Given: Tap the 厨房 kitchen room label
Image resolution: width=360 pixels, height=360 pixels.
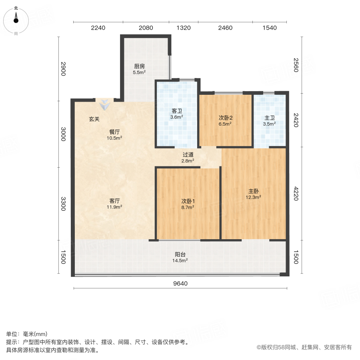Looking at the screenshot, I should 139,67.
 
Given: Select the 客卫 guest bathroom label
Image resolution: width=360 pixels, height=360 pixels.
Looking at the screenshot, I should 177,111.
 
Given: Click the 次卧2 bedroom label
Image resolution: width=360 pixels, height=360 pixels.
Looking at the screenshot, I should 226,118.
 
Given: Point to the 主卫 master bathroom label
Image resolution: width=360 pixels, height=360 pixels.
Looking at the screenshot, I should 269,118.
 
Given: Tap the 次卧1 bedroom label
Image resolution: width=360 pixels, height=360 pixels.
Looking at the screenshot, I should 188,201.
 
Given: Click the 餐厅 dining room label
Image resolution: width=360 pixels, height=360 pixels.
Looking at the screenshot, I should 115,132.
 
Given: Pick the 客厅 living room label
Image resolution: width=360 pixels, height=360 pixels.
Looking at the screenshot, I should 115,201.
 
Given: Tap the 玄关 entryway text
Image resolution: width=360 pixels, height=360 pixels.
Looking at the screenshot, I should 94,119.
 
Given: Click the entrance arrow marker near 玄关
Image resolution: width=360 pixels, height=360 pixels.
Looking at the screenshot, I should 105,105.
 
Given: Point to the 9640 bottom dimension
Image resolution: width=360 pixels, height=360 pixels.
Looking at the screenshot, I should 180,284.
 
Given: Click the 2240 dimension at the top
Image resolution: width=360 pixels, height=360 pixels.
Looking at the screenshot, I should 98,28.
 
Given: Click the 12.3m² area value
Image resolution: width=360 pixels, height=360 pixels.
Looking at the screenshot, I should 254,197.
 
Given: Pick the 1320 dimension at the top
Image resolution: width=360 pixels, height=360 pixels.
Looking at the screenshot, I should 184,28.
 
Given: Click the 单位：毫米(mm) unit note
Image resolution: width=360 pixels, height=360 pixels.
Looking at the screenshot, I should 27,334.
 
